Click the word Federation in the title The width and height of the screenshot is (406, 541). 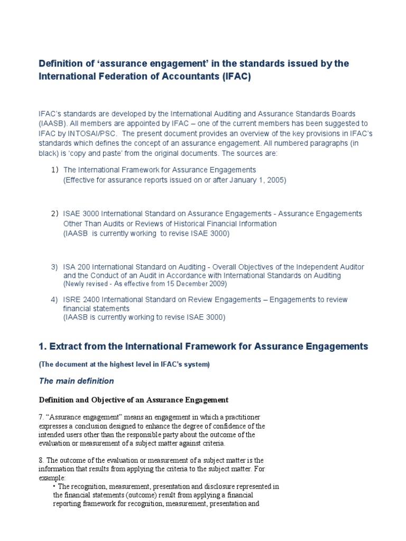point(116,77)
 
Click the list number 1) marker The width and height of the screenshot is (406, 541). point(54,170)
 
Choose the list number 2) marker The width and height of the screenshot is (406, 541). point(54,214)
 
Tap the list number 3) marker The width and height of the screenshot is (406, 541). point(54,267)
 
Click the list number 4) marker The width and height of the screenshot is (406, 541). point(54,300)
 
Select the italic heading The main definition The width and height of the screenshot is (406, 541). point(77,380)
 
